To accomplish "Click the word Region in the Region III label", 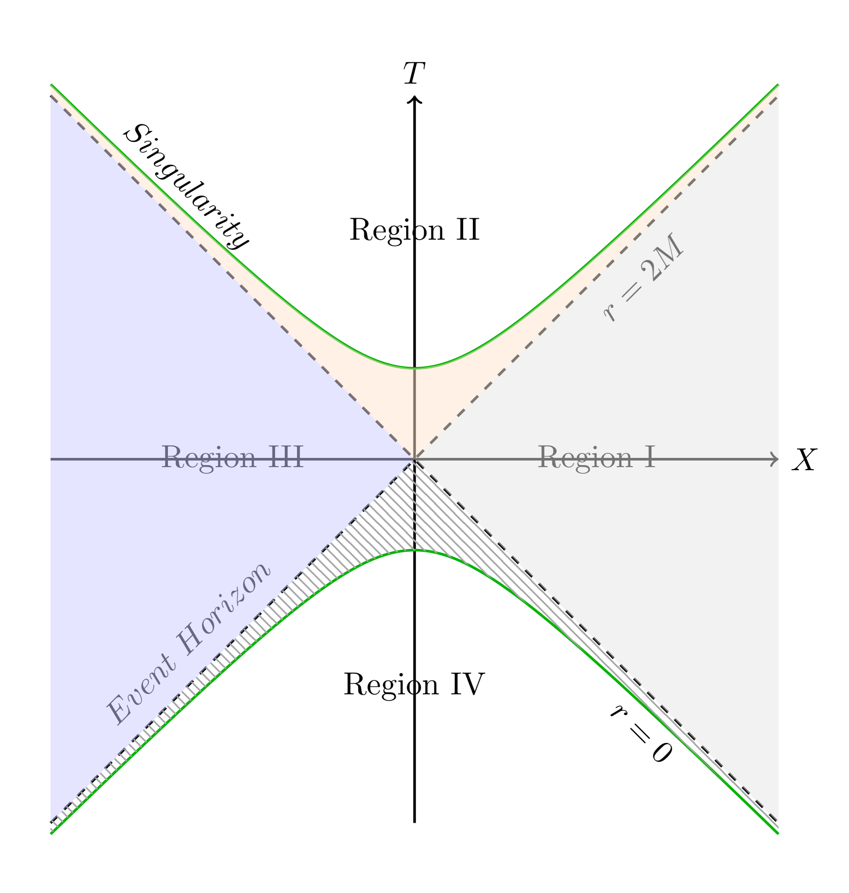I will (209, 457).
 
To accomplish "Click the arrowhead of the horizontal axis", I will (775, 460).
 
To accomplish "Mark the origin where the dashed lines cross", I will (415, 460).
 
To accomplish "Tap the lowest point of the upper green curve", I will (415, 367).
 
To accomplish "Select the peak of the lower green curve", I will (415, 551).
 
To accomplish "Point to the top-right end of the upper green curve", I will (777, 86).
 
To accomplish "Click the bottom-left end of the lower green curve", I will (52, 832).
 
